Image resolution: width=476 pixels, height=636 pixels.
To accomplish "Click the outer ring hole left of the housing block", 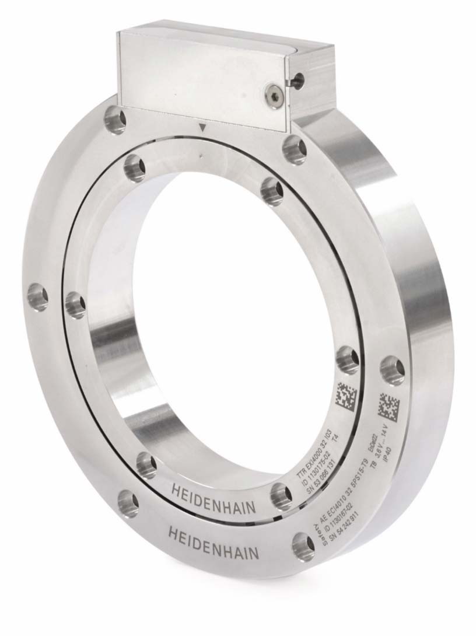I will coord(114,120).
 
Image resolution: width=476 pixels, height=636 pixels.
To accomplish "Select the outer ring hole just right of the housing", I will coord(295,149).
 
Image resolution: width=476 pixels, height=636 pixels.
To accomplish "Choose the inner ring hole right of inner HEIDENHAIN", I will coord(281,495).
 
